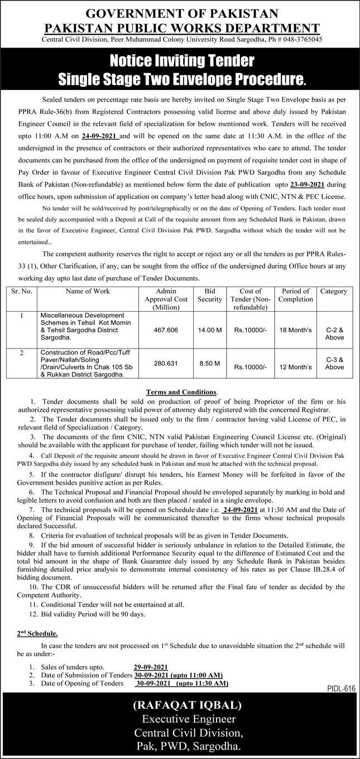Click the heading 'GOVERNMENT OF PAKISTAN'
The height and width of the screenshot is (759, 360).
pos(180,12)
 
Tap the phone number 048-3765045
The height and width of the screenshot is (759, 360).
pos(303,40)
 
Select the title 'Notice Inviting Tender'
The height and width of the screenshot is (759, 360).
pos(180,60)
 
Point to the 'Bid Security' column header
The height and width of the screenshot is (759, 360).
pos(209,295)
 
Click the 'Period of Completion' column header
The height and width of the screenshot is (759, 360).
pos(295,295)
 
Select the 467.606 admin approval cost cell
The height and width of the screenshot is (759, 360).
pos(166,330)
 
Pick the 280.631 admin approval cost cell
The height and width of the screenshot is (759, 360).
pos(166,362)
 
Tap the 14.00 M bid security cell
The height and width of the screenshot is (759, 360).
pos(209,330)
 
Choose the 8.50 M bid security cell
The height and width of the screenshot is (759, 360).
pos(209,362)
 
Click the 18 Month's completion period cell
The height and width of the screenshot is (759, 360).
pos(295,330)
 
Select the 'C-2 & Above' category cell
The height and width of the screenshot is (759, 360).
pos(334,333)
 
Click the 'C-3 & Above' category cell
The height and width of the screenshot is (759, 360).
pos(334,364)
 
